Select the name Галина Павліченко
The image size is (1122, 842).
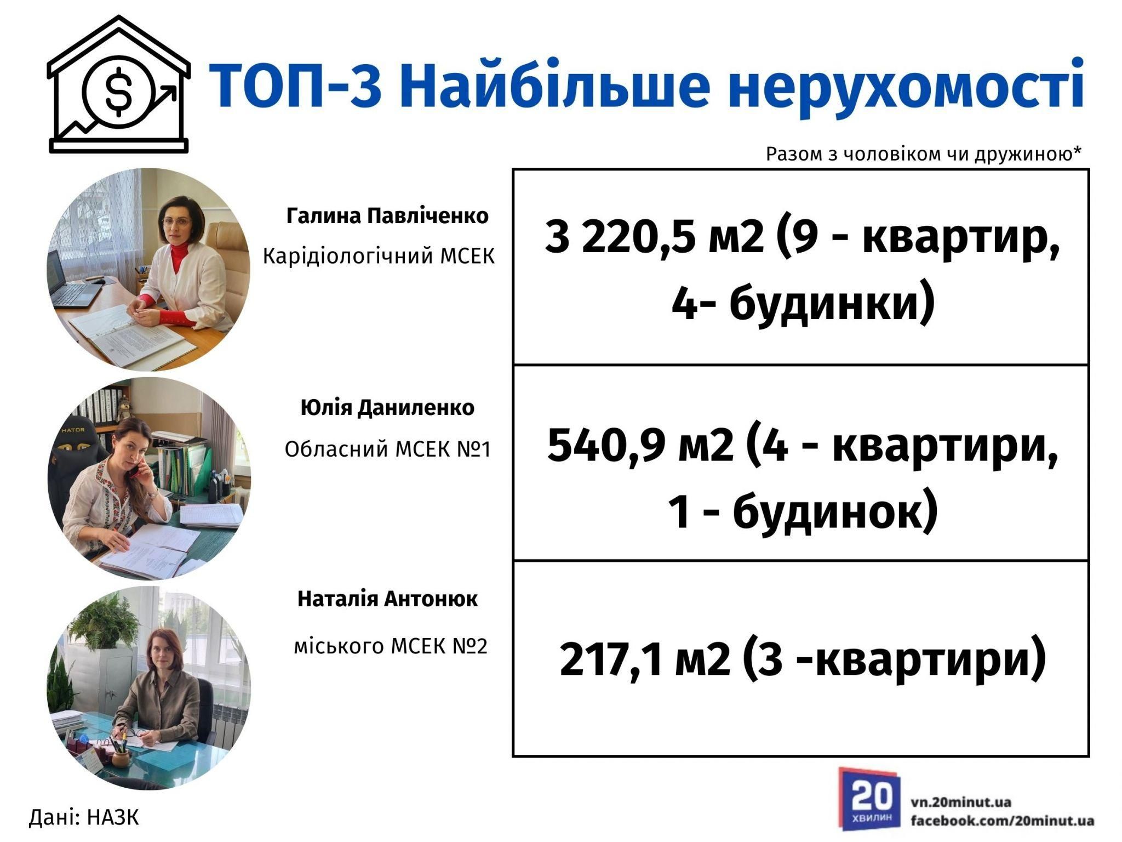point(387,216)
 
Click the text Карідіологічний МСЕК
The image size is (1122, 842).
point(379,256)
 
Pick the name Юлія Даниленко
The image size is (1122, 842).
point(387,408)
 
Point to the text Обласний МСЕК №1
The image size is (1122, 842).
point(387,450)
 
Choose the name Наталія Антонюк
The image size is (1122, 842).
point(387,599)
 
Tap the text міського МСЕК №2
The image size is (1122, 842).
point(391,647)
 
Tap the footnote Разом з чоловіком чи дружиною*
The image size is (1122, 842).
point(924,155)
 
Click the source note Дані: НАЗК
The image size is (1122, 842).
point(84,817)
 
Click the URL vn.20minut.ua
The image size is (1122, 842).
point(961,803)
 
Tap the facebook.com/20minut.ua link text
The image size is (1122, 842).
point(1003,821)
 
